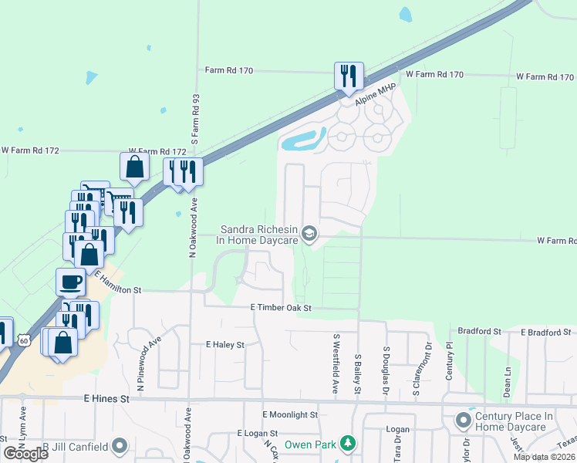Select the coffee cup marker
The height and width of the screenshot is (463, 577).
pyautogui.click(x=71, y=282)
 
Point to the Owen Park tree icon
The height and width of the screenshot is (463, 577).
pyautogui.click(x=349, y=444)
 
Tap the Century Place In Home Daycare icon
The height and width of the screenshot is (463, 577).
pyautogui.click(x=464, y=421)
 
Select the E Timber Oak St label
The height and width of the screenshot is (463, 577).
pyautogui.click(x=281, y=307)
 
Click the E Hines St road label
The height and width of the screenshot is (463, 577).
pyautogui.click(x=106, y=399)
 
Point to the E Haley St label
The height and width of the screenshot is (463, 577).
pyautogui.click(x=224, y=344)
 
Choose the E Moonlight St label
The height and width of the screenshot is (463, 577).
pyautogui.click(x=290, y=414)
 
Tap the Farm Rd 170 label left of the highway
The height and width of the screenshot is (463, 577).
pyautogui.click(x=229, y=70)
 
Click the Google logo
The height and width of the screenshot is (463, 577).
pyautogui.click(x=25, y=453)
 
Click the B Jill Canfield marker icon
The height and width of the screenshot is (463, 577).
pyautogui.click(x=119, y=445)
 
